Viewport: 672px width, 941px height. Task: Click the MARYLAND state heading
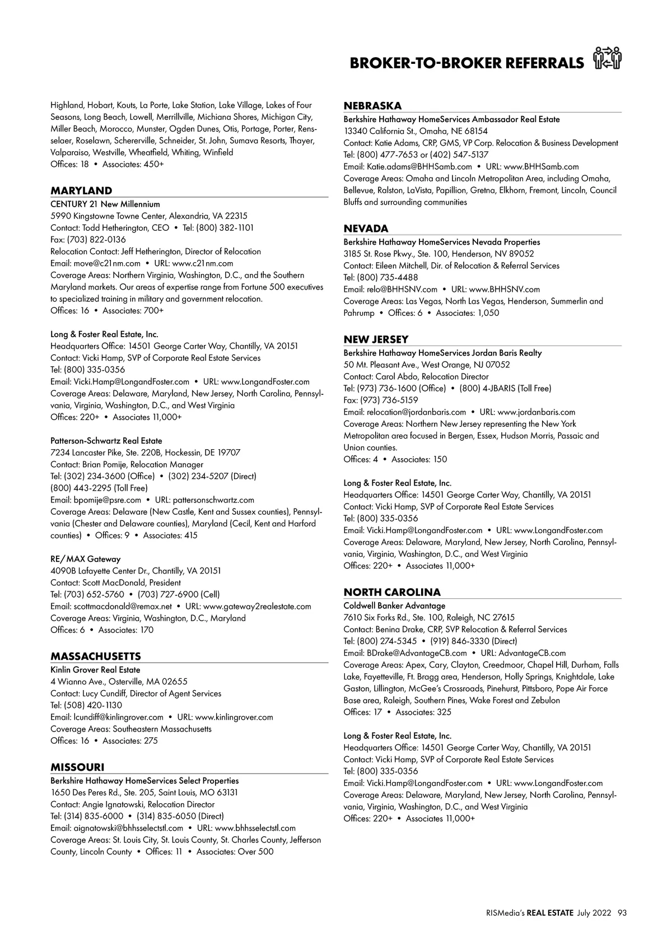(81, 190)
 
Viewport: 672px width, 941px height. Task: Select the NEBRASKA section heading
(372, 106)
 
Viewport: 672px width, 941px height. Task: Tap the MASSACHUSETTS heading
(96, 656)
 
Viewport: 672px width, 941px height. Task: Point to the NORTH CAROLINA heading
(392, 592)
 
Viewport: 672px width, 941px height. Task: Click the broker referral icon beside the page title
(608, 58)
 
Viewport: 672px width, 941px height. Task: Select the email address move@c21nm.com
(107, 263)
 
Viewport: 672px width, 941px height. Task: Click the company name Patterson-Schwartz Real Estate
(106, 441)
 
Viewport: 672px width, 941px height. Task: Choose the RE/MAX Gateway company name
(86, 559)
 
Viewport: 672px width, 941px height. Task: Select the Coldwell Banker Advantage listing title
(394, 605)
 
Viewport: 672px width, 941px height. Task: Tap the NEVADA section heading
(366, 228)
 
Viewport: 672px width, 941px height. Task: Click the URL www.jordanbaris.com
(536, 412)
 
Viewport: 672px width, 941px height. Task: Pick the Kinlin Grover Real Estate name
(95, 669)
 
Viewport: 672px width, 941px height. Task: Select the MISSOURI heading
(77, 767)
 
